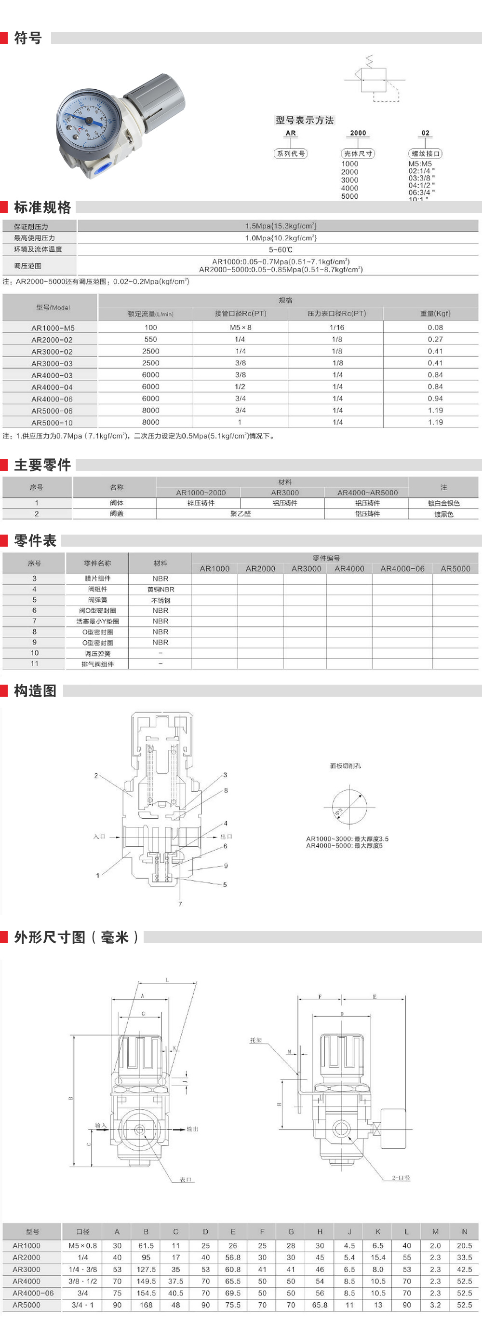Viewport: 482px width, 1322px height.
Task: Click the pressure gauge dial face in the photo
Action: pyautogui.click(x=88, y=121)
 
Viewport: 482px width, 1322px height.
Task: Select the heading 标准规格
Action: pyautogui.click(x=42, y=207)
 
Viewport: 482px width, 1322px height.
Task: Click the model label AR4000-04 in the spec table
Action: pyautogui.click(x=52, y=387)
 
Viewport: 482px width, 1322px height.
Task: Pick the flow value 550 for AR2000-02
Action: pyautogui.click(x=151, y=339)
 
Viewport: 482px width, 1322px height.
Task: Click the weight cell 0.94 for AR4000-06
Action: pyautogui.click(x=435, y=398)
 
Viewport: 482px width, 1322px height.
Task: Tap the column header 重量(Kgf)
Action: pyautogui.click(x=435, y=314)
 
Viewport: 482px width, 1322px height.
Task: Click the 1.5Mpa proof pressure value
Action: pyautogui.click(x=281, y=226)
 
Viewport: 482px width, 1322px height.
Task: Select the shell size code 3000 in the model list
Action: pyautogui.click(x=350, y=180)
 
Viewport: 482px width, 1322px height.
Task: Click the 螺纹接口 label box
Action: pyautogui.click(x=426, y=153)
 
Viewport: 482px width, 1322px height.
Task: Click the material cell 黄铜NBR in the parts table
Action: pyautogui.click(x=161, y=590)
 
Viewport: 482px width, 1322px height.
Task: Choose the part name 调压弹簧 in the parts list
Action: pyautogui.click(x=97, y=653)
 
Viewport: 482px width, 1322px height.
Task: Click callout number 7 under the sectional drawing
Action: pyautogui.click(x=180, y=904)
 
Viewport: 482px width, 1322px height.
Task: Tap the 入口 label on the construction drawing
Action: pyautogui.click(x=99, y=837)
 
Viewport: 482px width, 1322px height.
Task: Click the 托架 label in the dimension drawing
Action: pyautogui.click(x=256, y=1040)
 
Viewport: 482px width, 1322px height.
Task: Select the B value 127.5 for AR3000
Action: pyautogui.click(x=146, y=1269)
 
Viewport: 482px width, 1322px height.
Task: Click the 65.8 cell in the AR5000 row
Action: pyautogui.click(x=320, y=1305)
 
